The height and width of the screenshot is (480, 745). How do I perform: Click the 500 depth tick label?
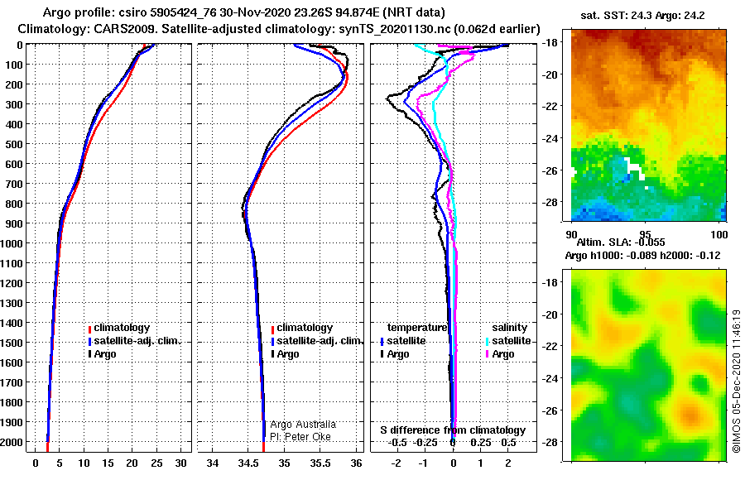[x=14, y=144]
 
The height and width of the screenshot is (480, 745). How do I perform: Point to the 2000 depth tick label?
[x=12, y=442]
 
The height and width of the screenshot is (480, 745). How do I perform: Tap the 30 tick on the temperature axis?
[x=180, y=463]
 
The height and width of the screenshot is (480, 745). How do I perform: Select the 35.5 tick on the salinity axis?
[x=320, y=463]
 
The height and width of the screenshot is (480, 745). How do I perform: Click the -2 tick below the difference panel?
[x=396, y=463]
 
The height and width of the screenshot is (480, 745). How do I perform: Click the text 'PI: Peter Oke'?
[x=300, y=437]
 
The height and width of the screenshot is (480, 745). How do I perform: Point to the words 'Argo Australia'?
[x=303, y=425]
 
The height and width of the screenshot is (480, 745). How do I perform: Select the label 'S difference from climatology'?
[x=453, y=430]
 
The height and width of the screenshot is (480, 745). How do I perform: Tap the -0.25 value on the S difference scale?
[x=425, y=443]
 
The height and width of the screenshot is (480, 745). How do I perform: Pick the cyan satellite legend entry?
[x=508, y=341]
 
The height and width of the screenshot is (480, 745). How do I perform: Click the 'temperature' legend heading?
[x=417, y=328]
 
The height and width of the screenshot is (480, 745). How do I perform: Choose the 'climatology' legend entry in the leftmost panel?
[x=118, y=328]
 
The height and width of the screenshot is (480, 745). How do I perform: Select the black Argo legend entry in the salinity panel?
[x=285, y=354]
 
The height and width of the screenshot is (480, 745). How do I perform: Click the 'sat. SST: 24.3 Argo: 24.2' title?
[x=642, y=16]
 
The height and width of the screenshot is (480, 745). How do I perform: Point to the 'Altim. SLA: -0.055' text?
[x=621, y=242]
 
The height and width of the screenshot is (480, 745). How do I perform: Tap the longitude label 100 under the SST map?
[x=719, y=234]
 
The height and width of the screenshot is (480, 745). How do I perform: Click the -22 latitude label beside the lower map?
[x=550, y=347]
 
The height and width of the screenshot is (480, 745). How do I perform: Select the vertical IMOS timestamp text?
[x=737, y=382]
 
